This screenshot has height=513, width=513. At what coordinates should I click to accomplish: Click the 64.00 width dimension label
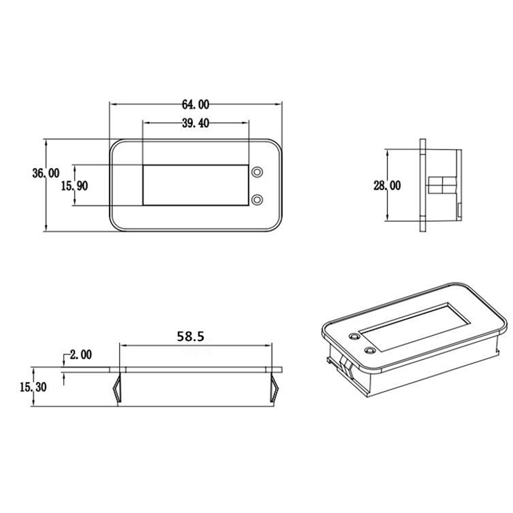pos(195,105)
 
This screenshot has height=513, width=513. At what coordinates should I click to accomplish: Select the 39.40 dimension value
pos(195,123)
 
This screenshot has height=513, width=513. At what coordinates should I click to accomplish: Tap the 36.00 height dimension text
pos(45,173)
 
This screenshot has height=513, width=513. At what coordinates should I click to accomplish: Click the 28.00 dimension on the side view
pos(387,186)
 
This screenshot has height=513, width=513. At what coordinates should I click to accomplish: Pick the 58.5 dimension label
pos(190,337)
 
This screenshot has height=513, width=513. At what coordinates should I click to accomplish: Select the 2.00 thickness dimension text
pos(80,354)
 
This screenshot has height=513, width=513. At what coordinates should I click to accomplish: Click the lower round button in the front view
pos(258,199)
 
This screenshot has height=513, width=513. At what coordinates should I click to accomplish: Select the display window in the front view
pos(195,185)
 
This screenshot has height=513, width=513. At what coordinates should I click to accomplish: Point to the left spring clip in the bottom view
pos(117,387)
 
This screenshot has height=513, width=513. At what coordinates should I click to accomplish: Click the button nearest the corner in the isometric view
pos(353,337)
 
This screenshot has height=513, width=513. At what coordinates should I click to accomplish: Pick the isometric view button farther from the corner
pos(369,350)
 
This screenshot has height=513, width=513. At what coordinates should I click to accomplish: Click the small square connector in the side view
pos(441,184)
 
